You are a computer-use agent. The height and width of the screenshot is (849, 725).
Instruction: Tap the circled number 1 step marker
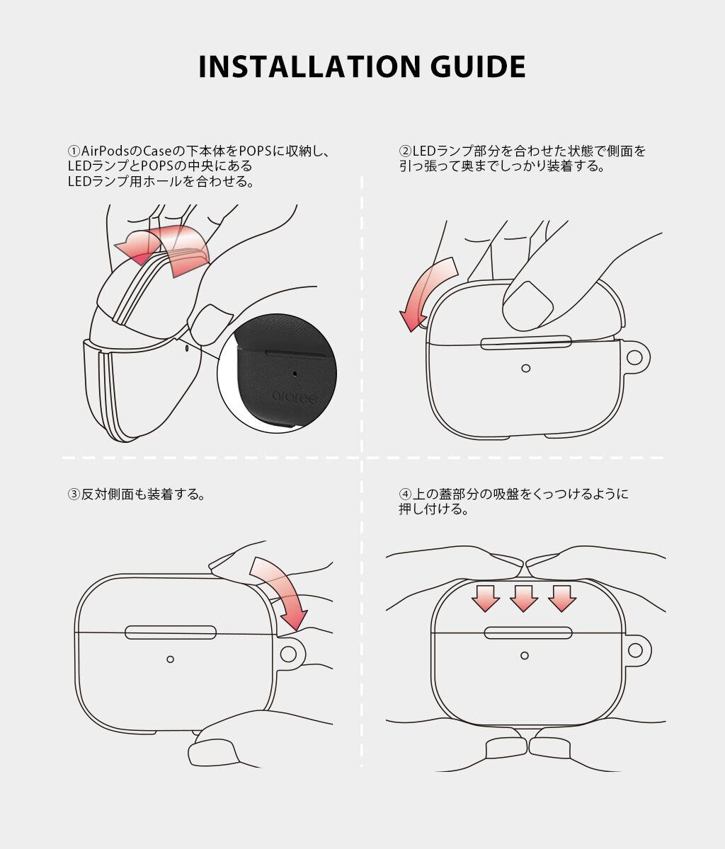pyautogui.click(x=74, y=151)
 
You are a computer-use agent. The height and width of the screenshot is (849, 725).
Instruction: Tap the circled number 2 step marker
pyautogui.click(x=405, y=151)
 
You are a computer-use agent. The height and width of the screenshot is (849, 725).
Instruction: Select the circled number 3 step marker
pyautogui.click(x=74, y=494)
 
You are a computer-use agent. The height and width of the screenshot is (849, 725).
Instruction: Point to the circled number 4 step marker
pyautogui.click(x=405, y=494)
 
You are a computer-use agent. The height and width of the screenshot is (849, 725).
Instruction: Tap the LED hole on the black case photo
pyautogui.click(x=295, y=374)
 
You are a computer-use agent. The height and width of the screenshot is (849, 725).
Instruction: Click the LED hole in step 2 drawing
pyautogui.click(x=525, y=368)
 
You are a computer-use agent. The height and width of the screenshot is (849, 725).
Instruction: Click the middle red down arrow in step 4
pyautogui.click(x=524, y=599)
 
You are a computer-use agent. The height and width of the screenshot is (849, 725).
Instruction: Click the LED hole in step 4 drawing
pyautogui.click(x=525, y=656)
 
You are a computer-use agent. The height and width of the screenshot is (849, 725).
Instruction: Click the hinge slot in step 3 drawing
pyautogui.click(x=171, y=633)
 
